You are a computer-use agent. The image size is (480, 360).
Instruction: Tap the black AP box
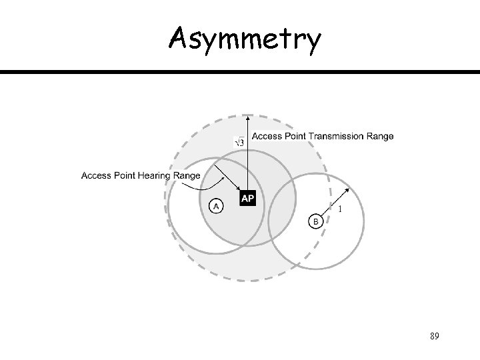point(247,199)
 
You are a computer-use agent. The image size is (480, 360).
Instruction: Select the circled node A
point(215,205)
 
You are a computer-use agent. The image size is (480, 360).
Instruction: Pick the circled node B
point(315,221)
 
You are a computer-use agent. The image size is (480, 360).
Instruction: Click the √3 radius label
point(239,141)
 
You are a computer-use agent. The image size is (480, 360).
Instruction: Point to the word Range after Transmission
point(378,137)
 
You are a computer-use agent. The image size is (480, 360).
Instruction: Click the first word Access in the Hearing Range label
point(96,175)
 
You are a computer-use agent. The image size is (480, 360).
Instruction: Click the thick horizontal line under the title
point(240,72)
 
